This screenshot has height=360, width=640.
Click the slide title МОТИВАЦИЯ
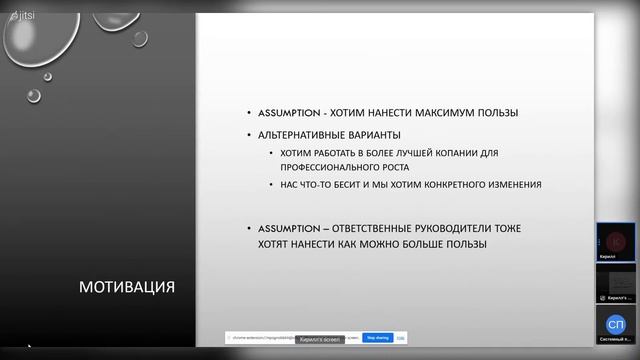(127, 289)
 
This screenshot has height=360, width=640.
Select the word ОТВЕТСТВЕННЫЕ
(365, 227)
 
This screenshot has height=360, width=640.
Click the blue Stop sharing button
(376, 338)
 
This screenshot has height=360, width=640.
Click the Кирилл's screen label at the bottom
(321, 339)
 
